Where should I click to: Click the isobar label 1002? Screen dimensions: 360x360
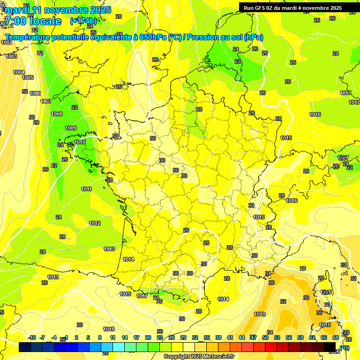coord(7,42)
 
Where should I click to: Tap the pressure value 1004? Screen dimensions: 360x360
coord(19,72)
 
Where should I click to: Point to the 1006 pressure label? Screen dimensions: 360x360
coord(35,93)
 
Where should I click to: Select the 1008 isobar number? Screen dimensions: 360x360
coord(57,114)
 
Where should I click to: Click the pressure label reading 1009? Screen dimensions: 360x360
coord(71,128)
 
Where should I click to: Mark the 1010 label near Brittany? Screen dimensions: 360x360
coord(80,142)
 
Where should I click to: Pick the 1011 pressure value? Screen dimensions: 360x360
coord(86,189)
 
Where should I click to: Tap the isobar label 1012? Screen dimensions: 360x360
coord(95,223)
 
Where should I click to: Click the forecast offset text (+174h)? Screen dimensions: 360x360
coord(83,21)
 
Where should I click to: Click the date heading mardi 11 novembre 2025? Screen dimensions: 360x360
coord(58,9)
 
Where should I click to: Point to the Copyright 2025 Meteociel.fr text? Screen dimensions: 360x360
coord(199,357)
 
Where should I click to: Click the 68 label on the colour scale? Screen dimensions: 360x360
coord(336,337)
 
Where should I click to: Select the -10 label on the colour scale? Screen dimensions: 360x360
coord(32,337)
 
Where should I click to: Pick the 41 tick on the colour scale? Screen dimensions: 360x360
coord(230,337)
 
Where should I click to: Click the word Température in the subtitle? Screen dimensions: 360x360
coord(28,37)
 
